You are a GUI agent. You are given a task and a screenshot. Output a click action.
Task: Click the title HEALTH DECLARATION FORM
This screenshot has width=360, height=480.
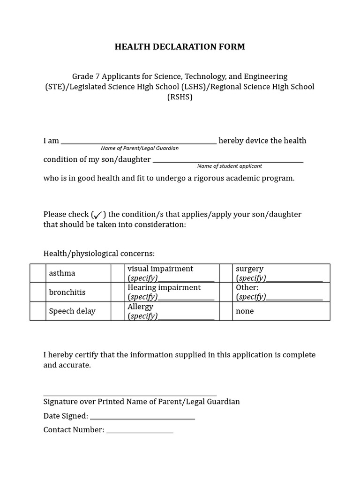[180, 46]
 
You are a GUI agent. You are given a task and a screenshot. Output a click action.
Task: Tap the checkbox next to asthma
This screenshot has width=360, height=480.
[37, 273]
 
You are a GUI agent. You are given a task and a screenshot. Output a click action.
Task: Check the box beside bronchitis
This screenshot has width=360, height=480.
[37, 292]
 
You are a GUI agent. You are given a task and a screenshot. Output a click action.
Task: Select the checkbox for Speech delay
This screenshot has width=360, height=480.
[37, 311]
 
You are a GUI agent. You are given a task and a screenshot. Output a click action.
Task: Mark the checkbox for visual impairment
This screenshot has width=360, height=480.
[117, 273]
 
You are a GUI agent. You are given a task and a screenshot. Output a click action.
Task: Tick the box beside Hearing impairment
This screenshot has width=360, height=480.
[117, 292]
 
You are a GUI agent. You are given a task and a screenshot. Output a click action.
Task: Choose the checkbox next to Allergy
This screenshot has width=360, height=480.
[117, 311]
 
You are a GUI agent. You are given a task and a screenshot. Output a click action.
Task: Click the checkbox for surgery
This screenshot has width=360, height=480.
[226, 273]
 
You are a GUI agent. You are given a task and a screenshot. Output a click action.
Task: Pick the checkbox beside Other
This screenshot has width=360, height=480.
[226, 292]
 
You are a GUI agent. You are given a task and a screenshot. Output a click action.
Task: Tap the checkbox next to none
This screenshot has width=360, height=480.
[226, 311]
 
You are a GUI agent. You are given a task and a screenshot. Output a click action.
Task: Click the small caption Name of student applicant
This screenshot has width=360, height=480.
[229, 166]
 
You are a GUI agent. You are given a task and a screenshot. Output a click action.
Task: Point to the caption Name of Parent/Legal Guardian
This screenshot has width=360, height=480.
[140, 148]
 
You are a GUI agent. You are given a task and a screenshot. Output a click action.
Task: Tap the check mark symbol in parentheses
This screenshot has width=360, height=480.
[97, 215]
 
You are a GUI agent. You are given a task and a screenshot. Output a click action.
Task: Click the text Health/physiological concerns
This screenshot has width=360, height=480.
[99, 254]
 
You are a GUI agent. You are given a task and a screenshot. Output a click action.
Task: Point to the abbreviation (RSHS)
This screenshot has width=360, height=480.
[180, 97]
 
